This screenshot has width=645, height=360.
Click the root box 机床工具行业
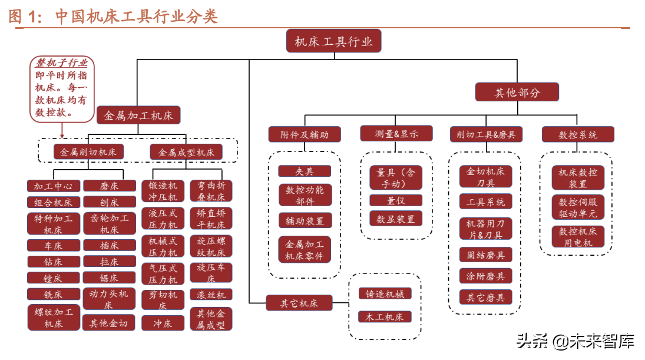pyautogui.click(x=333, y=41)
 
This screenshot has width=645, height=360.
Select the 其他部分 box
pyautogui.click(x=517, y=92)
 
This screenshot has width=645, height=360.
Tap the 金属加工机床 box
pyautogui.click(x=138, y=115)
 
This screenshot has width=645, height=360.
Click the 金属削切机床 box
pyautogui.click(x=89, y=151)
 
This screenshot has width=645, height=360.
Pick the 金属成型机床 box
pyautogui.click(x=186, y=151)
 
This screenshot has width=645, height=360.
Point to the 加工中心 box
pyautogui.click(x=53, y=186)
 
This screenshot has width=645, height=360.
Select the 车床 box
pyautogui.click(x=53, y=245)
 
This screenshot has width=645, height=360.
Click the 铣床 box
pyautogui.click(x=53, y=294)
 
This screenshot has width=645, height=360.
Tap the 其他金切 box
pyautogui.click(x=109, y=323)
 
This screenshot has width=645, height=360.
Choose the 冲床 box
pyautogui.click(x=163, y=323)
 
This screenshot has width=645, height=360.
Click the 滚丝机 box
pyautogui.click(x=211, y=294)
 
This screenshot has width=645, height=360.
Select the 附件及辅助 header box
pyautogui.click(x=305, y=134)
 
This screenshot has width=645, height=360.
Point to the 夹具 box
pyautogui.click(x=305, y=171)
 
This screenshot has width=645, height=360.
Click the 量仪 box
pyautogui.click(x=396, y=200)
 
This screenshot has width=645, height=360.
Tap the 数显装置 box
pyautogui.click(x=396, y=219)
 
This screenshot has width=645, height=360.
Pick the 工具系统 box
pyautogui.click(x=485, y=202)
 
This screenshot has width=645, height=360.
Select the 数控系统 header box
pyautogui.click(x=578, y=134)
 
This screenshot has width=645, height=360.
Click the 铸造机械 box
pyautogui.click(x=385, y=293)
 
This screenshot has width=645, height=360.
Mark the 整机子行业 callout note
pyautogui.click(x=62, y=88)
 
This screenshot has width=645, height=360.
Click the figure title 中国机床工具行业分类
pyautogui.click(x=137, y=16)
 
